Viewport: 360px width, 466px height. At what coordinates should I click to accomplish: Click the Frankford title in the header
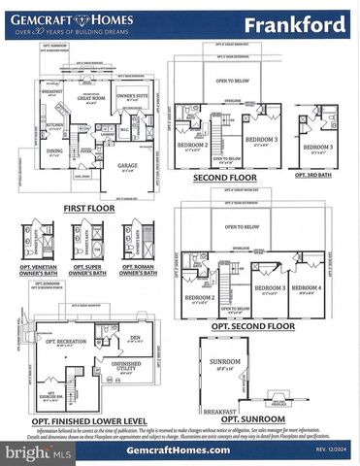[x=292, y=23]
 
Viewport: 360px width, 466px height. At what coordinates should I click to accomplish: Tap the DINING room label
[x=53, y=151]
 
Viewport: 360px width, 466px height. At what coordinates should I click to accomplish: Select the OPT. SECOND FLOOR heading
[x=251, y=326]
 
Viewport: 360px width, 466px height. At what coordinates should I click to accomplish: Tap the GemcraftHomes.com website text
[x=180, y=449]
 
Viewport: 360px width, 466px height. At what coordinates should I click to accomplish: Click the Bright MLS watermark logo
[x=35, y=452]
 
